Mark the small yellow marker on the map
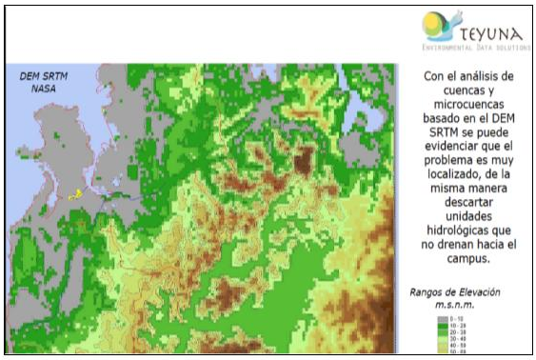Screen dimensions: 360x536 pos(74,193)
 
